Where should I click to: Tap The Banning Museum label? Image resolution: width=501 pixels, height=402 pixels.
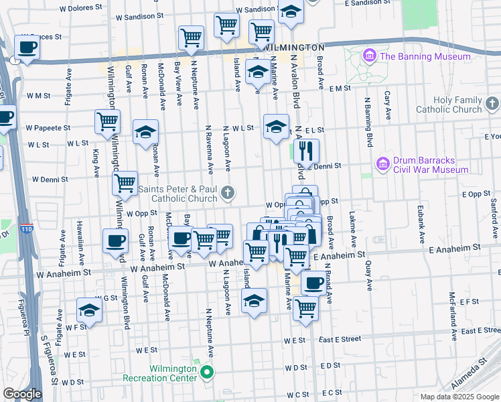point(425,57)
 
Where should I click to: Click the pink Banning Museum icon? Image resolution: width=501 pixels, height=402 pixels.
point(368,56)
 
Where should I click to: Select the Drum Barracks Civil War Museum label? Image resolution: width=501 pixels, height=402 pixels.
point(431,165)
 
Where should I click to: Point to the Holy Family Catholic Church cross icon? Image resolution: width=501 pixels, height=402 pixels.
point(492,104)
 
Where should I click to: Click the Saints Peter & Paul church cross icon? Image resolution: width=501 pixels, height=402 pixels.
point(228,194)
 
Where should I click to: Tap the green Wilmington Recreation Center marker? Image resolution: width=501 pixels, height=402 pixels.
point(207,373)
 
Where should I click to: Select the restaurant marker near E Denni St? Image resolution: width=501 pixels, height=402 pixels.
point(306,151)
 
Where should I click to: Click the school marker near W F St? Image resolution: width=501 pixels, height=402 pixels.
point(89,310)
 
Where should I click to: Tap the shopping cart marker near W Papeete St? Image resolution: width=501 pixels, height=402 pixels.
point(107,123)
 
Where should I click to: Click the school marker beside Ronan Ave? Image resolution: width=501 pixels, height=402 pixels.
point(145,131)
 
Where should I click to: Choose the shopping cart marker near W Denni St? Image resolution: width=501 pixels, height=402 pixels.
point(125,182)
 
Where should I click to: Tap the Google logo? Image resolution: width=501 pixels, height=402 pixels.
point(22,394)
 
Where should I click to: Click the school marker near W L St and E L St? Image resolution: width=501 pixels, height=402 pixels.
point(276,127)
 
